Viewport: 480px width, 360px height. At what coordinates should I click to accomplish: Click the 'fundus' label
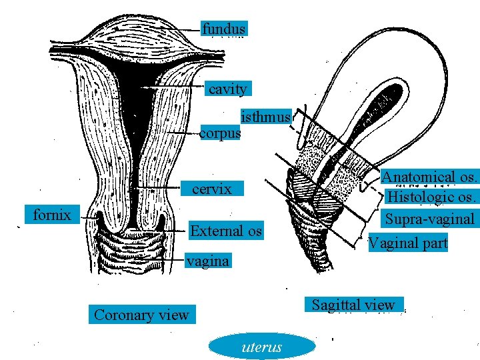224,29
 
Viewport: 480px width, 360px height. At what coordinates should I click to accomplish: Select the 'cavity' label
227,89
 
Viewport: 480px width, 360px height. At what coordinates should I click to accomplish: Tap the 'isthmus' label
265,117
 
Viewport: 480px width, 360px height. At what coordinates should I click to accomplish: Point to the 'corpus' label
220,133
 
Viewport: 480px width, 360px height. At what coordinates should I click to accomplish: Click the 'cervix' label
211,189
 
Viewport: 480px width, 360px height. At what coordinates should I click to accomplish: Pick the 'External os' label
226,231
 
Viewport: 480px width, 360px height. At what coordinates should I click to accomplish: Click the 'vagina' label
207,261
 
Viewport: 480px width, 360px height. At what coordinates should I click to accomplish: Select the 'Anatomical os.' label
429,177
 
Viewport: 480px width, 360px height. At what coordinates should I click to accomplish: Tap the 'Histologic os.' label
432,197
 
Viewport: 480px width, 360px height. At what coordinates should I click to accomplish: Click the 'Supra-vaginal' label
430,218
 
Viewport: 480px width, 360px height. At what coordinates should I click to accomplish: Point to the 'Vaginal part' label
408,243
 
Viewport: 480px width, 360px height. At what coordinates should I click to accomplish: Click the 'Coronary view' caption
141,315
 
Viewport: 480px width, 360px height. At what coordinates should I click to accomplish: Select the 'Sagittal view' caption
353,305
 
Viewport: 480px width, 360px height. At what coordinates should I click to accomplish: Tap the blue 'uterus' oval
261,347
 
